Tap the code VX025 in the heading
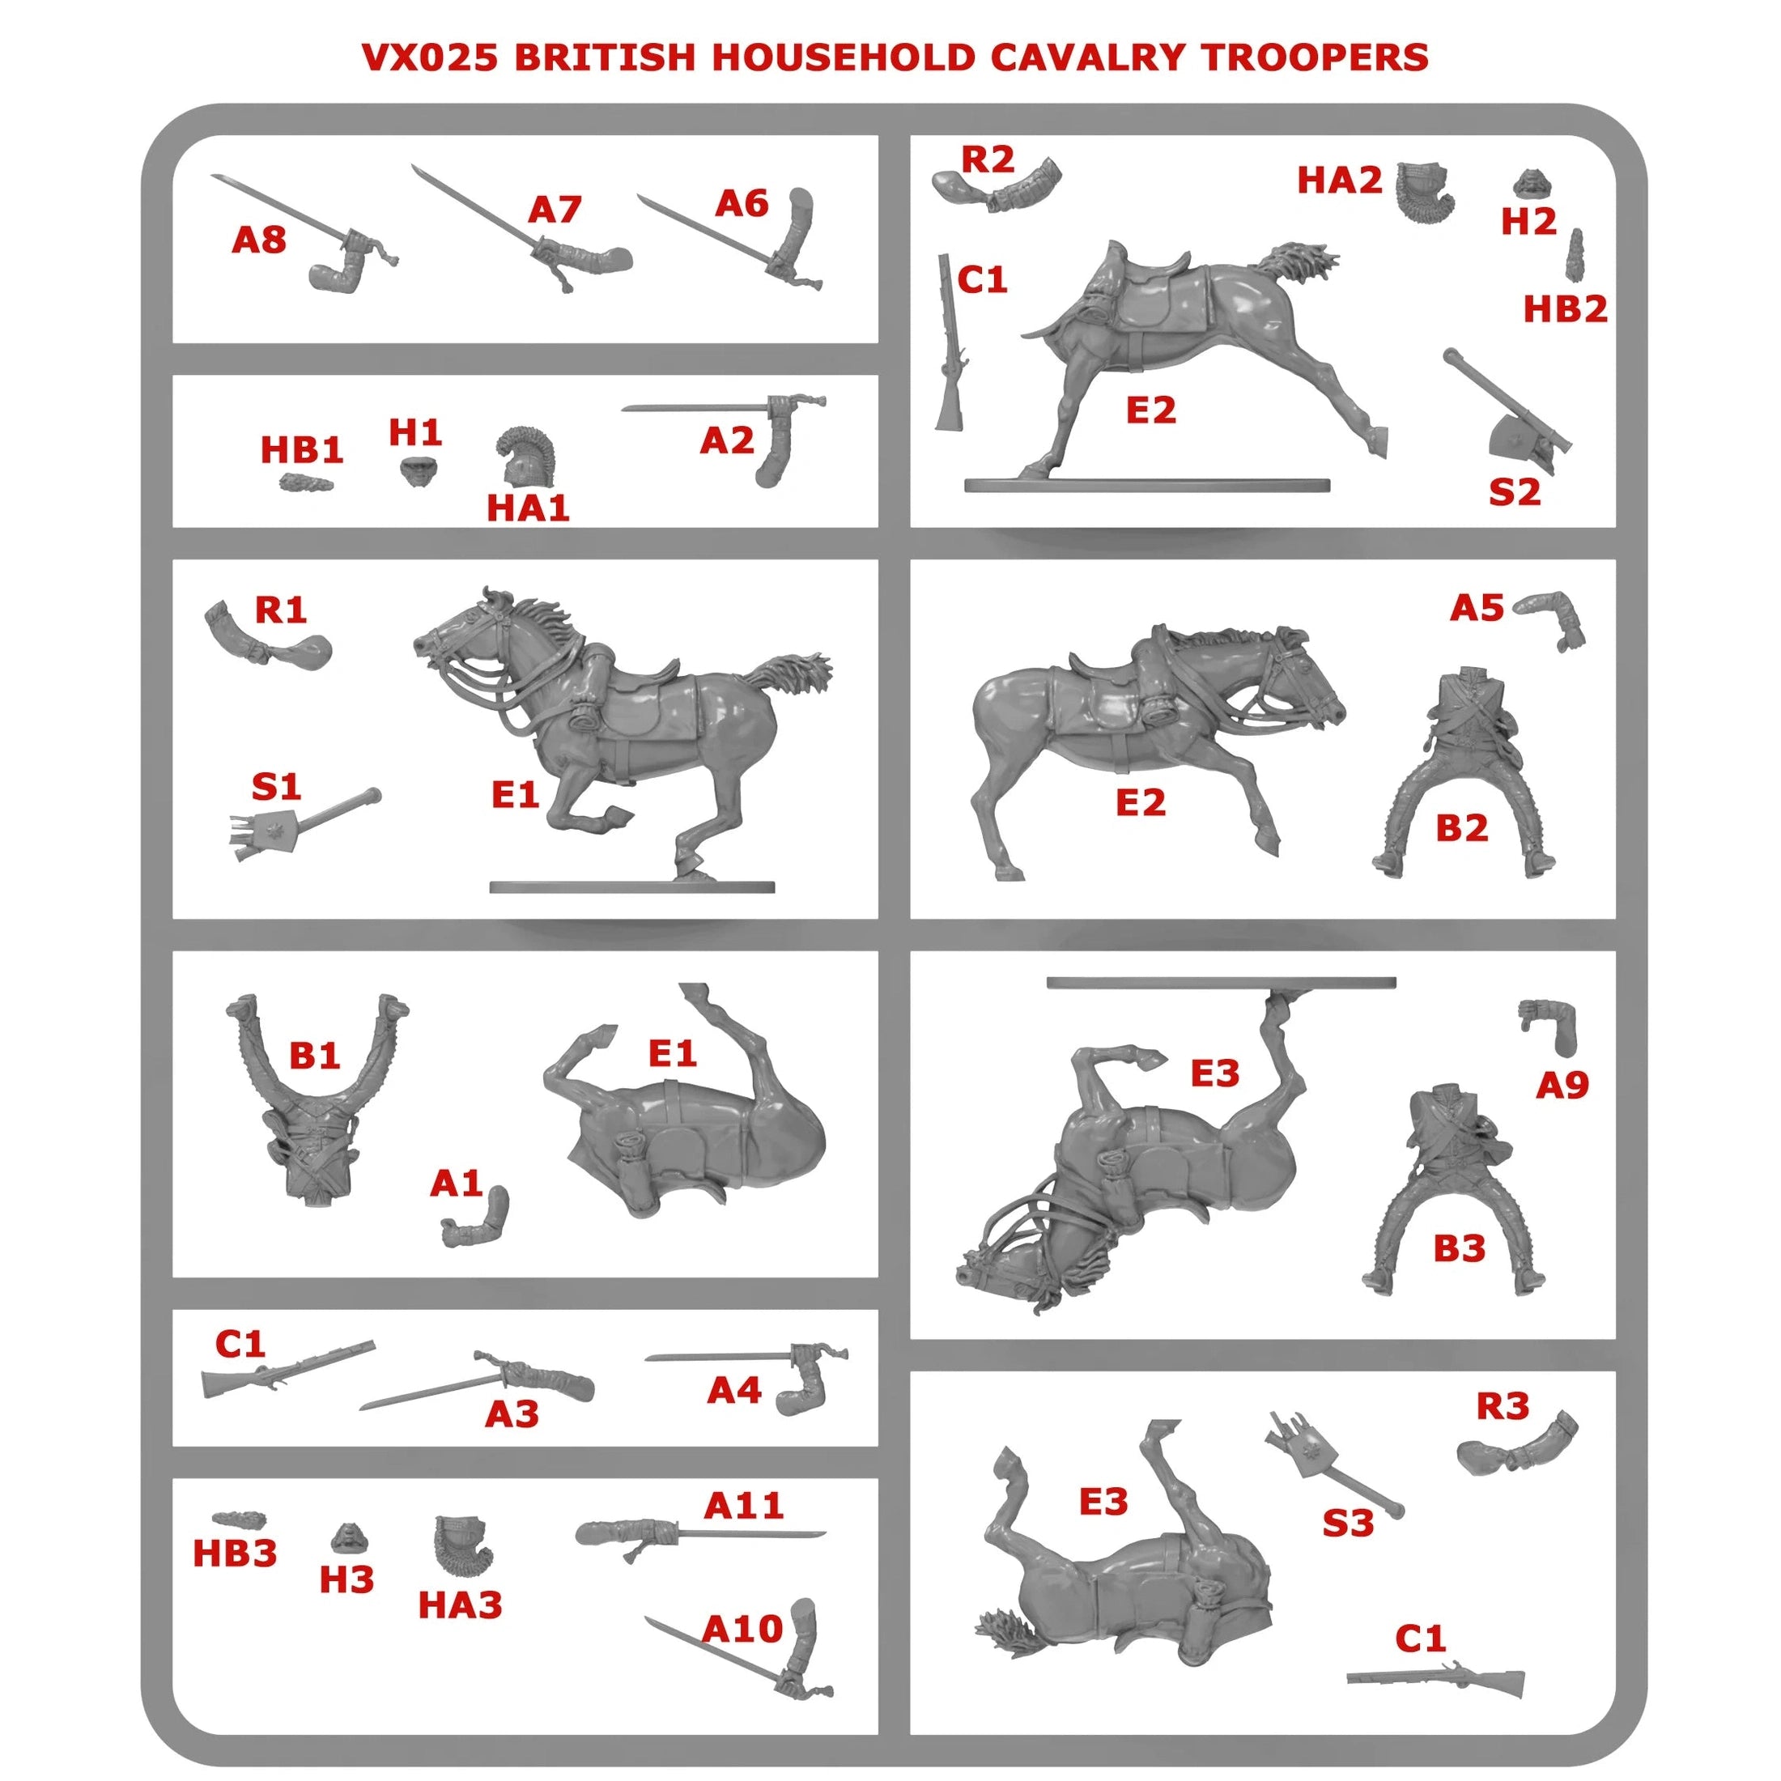430,57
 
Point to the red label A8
259,240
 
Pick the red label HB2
1564,308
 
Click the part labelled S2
1507,410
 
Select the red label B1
314,1055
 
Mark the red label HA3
460,1605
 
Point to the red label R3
1503,1406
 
